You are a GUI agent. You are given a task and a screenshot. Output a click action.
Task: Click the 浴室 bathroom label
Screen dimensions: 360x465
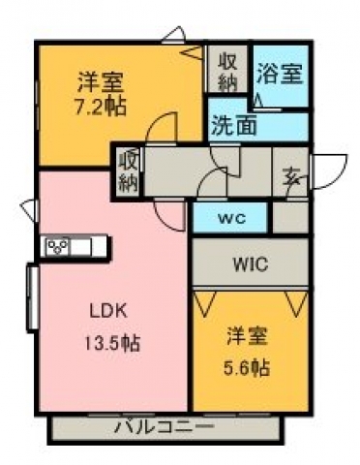coord(280,74)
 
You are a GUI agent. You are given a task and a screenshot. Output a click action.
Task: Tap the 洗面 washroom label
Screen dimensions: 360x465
coord(234,125)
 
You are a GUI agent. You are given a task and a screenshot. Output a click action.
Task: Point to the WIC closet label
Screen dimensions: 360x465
coord(251,264)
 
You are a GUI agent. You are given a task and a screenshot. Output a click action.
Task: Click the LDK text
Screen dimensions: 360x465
coord(107,311)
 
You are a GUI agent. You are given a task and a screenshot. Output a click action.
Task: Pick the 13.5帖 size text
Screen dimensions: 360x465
coord(112,343)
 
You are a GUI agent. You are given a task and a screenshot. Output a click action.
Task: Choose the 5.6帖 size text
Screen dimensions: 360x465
coord(247,367)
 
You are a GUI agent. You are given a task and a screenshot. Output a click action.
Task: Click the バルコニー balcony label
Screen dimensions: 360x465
coord(165,427)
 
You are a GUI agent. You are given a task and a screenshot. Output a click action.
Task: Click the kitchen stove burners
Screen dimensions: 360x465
coord(58,247)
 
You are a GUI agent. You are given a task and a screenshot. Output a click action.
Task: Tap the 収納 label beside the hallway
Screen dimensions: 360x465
coord(129,172)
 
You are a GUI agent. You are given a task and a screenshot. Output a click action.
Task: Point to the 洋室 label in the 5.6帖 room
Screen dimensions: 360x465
coord(247,337)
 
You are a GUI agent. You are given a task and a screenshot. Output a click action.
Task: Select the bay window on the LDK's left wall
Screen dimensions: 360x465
coord(33,297)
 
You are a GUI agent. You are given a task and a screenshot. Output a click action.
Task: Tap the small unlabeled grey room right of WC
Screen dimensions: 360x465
coord(290,217)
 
